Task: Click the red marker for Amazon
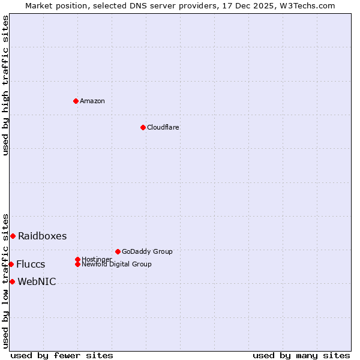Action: (x=76, y=101)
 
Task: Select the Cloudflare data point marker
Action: (x=143, y=127)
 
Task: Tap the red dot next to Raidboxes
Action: (x=13, y=236)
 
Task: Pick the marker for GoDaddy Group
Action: (x=118, y=251)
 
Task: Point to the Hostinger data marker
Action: (x=77, y=259)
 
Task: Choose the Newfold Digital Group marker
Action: (x=77, y=264)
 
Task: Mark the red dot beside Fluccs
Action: (x=11, y=264)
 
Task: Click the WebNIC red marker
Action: (x=12, y=281)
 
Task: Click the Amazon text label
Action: (x=92, y=101)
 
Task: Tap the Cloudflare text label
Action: (x=163, y=127)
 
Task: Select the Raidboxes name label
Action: (x=42, y=236)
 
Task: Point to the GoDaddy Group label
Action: (x=147, y=251)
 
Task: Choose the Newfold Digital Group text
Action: (x=116, y=264)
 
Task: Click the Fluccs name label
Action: (x=31, y=264)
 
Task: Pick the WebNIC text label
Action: (x=37, y=281)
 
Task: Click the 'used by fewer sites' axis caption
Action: (x=62, y=355)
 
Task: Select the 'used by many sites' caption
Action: (x=301, y=355)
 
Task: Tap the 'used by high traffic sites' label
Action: (x=5, y=86)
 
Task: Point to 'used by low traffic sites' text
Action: (x=5, y=280)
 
